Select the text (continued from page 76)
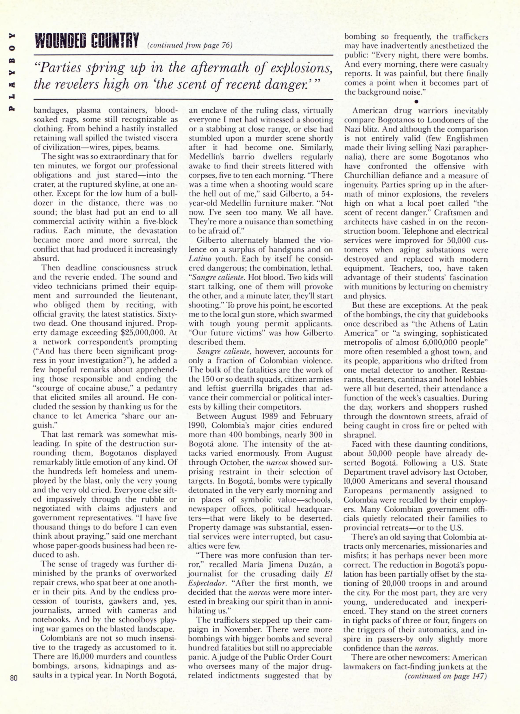(190, 45)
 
